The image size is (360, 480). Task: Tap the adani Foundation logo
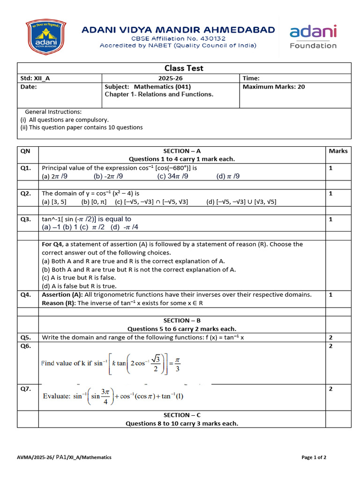313,37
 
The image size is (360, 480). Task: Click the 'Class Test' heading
184,68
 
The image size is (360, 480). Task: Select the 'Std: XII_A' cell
36,79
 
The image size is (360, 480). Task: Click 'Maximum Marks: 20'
274,87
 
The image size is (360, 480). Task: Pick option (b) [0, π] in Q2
94,202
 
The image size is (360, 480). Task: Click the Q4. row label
26,295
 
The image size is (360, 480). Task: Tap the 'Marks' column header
338,151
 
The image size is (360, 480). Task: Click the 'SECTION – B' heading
182,321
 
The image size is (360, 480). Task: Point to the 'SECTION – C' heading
182,415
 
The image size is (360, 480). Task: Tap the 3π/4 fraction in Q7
104,396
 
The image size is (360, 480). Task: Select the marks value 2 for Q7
330,389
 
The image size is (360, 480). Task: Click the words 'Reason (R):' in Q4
59,303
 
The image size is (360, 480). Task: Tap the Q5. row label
26,337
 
